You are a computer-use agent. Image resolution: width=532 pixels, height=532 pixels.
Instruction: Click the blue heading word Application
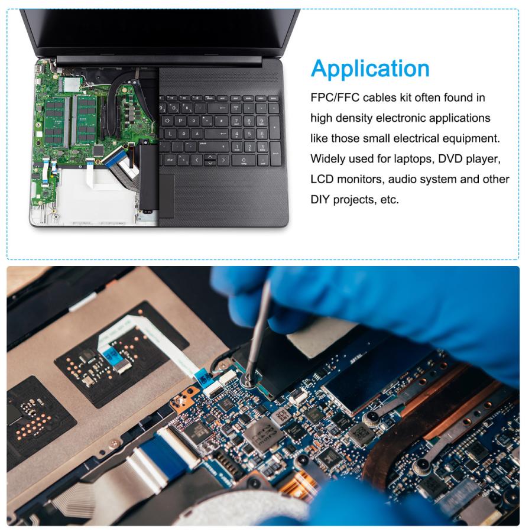click(370, 69)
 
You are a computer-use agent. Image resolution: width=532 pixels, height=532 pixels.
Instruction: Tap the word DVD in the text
click(452, 159)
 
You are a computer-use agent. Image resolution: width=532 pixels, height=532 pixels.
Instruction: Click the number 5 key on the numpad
click(249, 134)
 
